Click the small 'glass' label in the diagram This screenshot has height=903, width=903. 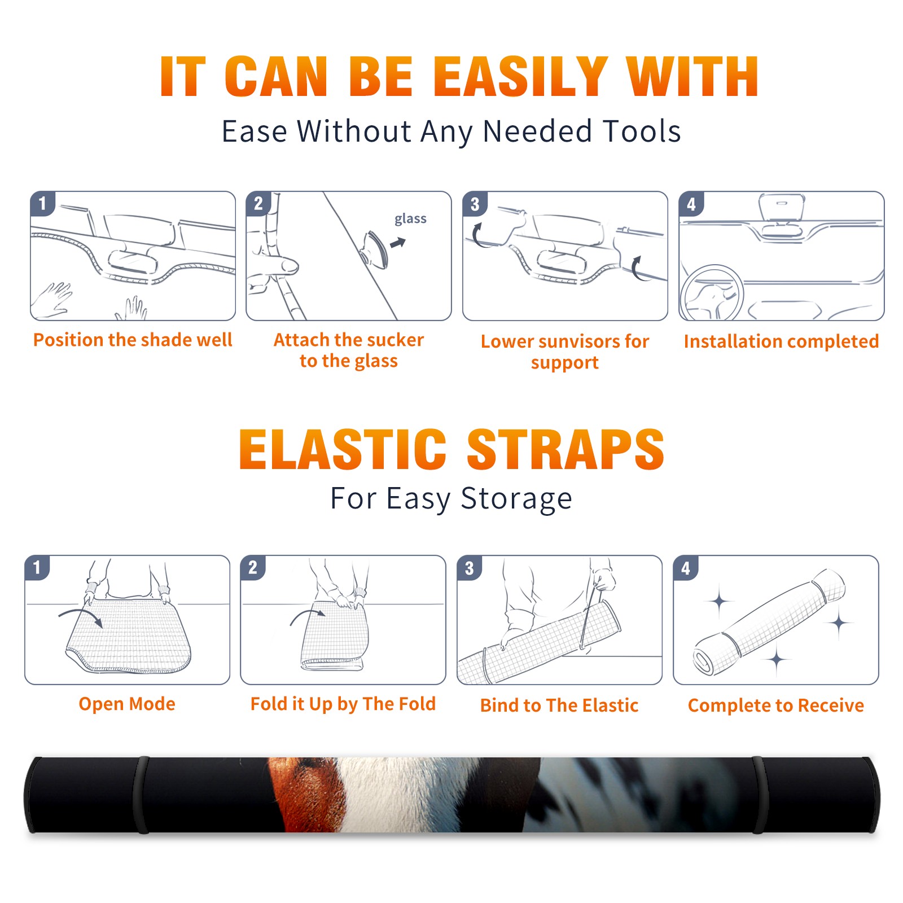point(410,219)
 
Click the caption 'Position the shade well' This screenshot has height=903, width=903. point(133,340)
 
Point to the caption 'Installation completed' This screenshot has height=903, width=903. point(781,341)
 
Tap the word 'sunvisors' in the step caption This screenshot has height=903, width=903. point(578,341)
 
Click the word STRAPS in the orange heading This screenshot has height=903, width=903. point(566,449)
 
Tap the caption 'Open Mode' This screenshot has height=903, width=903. point(127,704)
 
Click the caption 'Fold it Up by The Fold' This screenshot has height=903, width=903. point(343,704)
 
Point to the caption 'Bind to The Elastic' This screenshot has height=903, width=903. point(559,705)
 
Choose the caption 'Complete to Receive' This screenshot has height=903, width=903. point(776,705)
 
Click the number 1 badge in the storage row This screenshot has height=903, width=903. point(37,567)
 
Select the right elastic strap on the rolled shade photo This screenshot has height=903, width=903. point(759,795)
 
